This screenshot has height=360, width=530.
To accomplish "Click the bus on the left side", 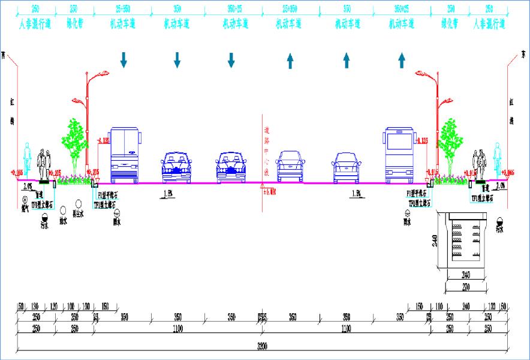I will [124, 154].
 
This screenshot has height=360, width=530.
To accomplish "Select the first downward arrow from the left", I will [124, 59].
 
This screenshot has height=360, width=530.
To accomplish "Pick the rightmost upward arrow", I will [402, 60].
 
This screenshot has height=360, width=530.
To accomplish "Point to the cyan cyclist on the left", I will [26, 159].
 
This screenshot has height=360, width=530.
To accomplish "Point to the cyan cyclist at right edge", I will [496, 159].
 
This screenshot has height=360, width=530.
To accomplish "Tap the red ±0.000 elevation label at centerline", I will [269, 191].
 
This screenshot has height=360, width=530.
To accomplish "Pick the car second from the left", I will [231, 166].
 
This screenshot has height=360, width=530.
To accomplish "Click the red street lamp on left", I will [89, 120].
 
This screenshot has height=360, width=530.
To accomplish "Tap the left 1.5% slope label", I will [168, 193].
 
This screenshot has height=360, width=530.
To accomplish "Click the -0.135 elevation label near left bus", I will [103, 141].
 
